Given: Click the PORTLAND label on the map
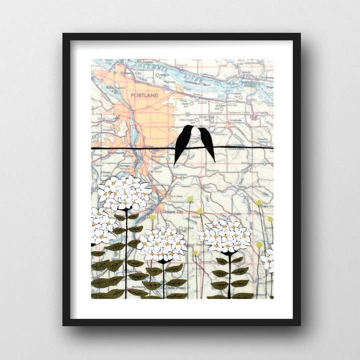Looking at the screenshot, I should click(144, 95).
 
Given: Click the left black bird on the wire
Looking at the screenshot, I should click(183, 143).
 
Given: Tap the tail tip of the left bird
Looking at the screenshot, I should click(175, 163).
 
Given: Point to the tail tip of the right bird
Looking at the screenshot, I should click(213, 160).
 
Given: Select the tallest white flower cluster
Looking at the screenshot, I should click(124, 192).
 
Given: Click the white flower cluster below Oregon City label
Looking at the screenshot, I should click(162, 243).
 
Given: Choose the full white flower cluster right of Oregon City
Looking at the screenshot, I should click(225, 235).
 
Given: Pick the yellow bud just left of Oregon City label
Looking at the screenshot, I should click(152, 216).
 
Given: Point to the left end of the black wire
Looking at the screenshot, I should click(92, 148).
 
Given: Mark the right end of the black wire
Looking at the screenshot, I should click(272, 147).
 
